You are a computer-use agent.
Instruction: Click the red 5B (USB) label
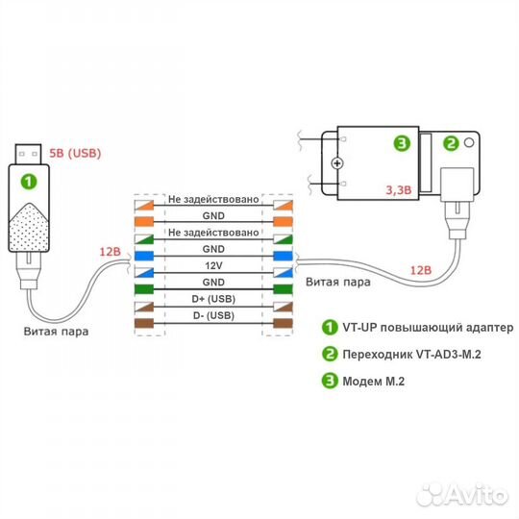pos(75,153)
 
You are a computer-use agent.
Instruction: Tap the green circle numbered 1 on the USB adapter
pos(29,182)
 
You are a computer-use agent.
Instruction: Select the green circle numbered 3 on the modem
pos(402,143)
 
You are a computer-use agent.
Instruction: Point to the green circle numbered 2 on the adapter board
pos(451,143)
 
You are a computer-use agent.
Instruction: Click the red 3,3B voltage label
pos(399,190)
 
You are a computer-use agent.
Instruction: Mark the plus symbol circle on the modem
pos(337,163)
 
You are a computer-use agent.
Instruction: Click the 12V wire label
pos(213,265)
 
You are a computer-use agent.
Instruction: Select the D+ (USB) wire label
pos(213,299)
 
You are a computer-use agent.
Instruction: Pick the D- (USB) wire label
pos(213,315)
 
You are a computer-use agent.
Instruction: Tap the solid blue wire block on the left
pos(144,257)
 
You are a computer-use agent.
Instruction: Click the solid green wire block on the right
pos(283,289)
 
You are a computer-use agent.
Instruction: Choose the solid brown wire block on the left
pos(144,323)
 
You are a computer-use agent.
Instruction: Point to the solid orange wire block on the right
pos(283,222)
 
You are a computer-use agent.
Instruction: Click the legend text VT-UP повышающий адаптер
pos(428,328)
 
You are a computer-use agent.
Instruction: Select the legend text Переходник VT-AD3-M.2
pos(411,355)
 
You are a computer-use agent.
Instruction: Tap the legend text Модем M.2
pos(373,382)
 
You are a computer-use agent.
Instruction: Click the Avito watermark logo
pos(462,495)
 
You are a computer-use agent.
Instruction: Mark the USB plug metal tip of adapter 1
pos(29,154)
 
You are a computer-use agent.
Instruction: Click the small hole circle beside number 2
pos(469,142)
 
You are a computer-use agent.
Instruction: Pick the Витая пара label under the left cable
pos(56,332)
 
